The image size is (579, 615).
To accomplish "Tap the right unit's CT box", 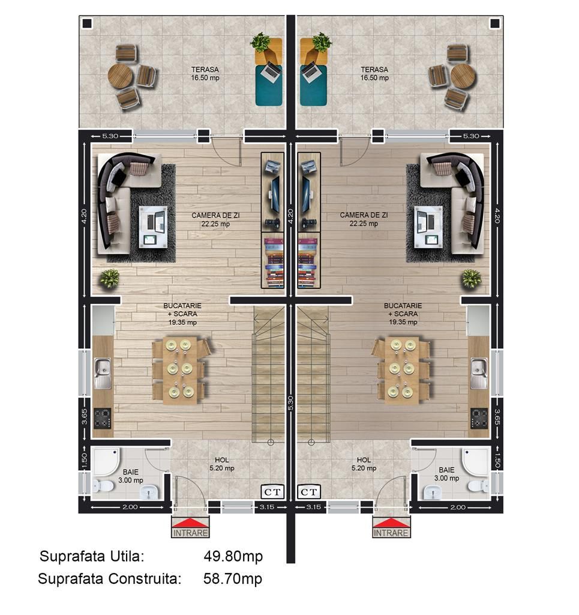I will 309,492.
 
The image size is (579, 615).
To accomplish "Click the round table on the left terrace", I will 121,76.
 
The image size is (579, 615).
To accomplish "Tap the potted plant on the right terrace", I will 321,43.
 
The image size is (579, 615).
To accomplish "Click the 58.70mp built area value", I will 233,579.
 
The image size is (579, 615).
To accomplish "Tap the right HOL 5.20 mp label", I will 364,464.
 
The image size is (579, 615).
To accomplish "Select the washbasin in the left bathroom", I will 148,492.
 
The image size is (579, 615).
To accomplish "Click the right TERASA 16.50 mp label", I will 374,73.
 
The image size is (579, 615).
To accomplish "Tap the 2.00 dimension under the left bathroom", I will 130,507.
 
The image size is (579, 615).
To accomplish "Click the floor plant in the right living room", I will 471,278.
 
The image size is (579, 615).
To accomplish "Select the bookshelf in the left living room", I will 273,261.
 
